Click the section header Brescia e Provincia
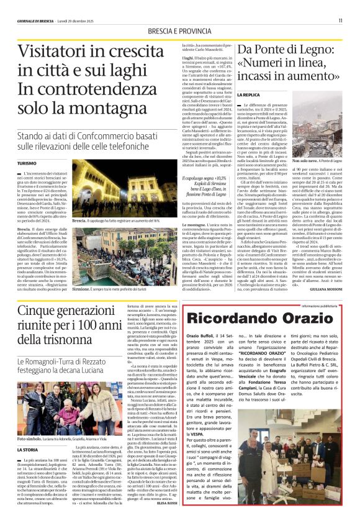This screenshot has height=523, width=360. tap(180, 31)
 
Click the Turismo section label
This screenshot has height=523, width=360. tap(27, 163)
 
